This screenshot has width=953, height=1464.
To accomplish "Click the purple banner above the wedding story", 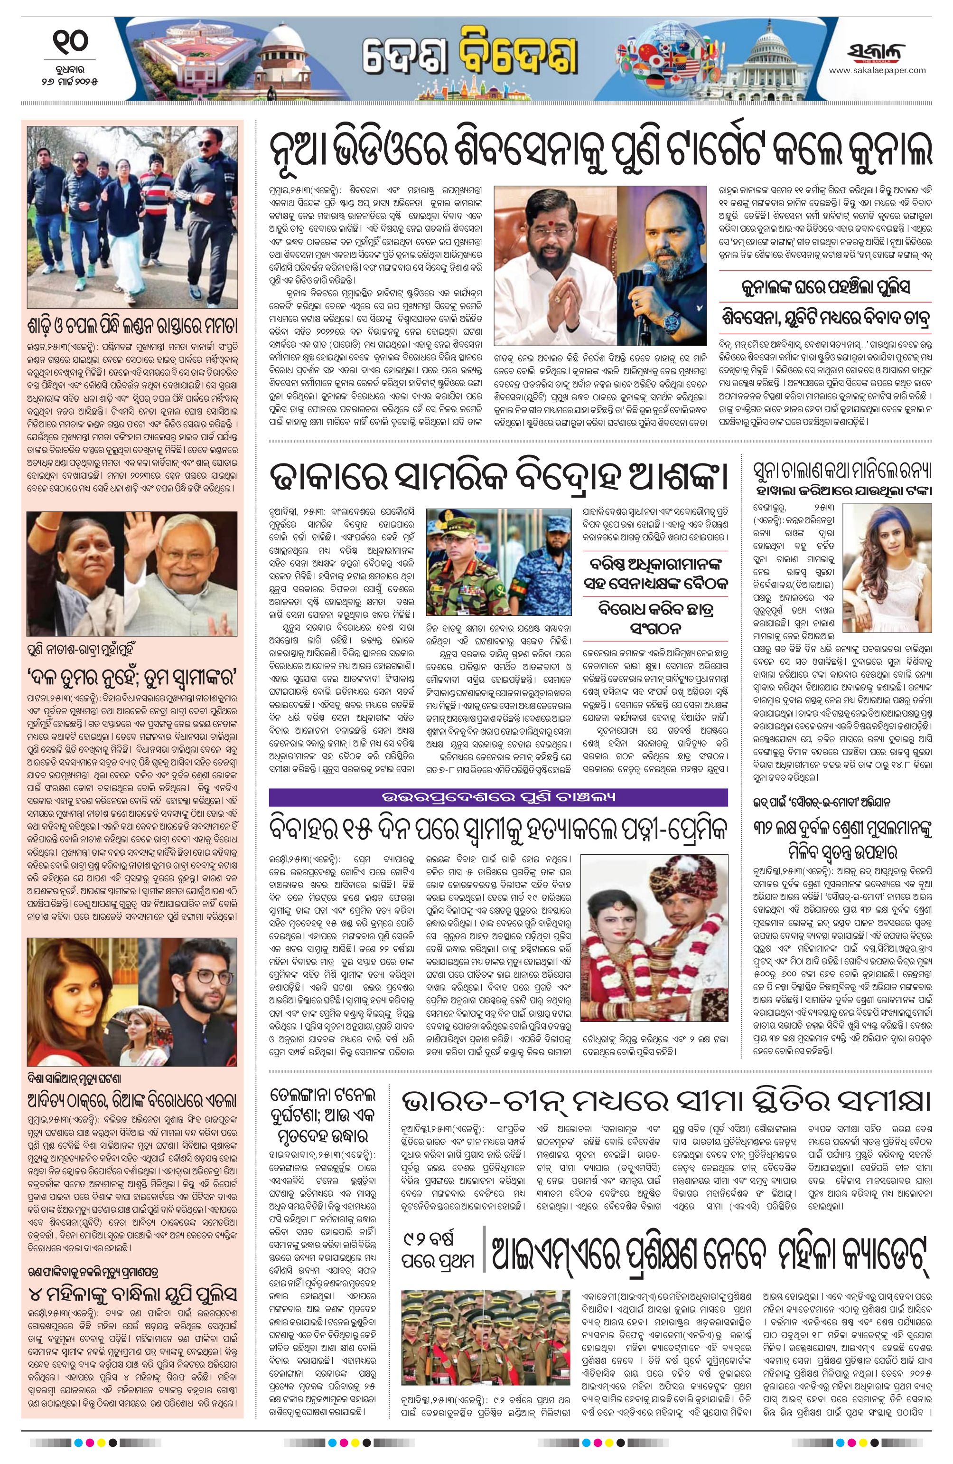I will [x=498, y=797].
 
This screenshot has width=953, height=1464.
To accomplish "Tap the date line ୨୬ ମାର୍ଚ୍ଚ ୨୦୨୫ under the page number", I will [x=70, y=81].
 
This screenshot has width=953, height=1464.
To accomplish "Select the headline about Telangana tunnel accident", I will [x=322, y=1115].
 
